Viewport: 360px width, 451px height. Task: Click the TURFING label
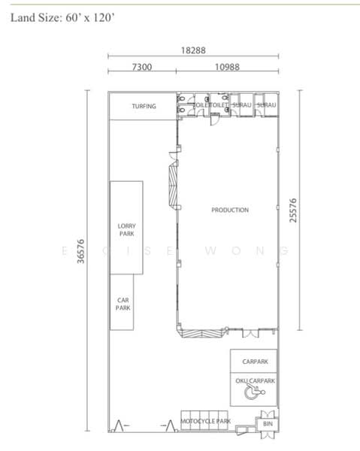point(144,107)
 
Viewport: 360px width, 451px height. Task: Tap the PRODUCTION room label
point(229,210)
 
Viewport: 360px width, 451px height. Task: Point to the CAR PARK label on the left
point(123,304)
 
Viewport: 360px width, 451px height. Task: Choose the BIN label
point(268,425)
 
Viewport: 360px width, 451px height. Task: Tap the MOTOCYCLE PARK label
point(205,422)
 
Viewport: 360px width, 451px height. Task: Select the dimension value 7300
point(142,67)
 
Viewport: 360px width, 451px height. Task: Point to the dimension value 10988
point(227,67)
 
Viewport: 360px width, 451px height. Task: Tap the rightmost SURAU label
point(267,106)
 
